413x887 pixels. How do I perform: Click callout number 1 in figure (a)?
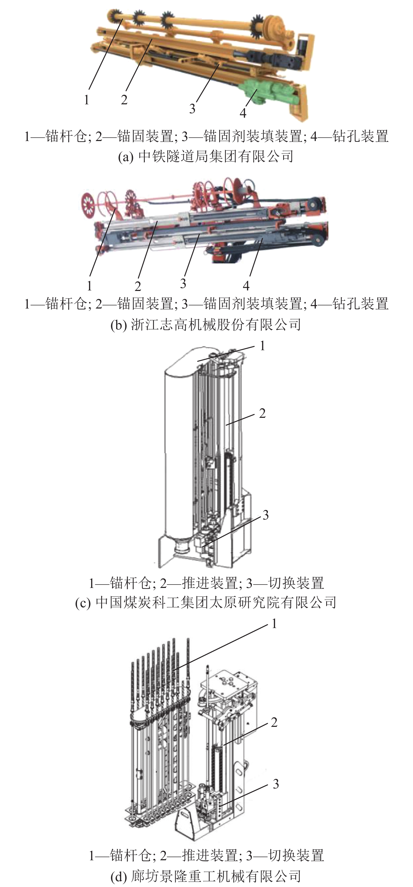pyautogui.click(x=87, y=100)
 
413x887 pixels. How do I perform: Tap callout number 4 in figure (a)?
pyautogui.click(x=243, y=113)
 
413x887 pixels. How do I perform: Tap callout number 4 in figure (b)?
pyautogui.click(x=246, y=285)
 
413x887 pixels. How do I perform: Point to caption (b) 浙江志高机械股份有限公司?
pyautogui.click(x=206, y=324)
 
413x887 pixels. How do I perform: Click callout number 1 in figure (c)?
pyautogui.click(x=262, y=346)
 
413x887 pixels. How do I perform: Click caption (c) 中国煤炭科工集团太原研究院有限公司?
pyautogui.click(x=206, y=602)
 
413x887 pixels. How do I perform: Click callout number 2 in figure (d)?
pyautogui.click(x=274, y=722)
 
